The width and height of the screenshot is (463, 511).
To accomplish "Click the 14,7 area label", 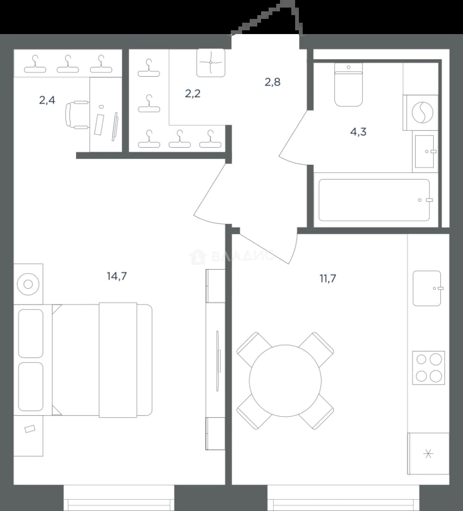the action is (x=117, y=276).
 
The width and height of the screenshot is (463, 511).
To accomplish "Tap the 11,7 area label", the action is (x=328, y=279).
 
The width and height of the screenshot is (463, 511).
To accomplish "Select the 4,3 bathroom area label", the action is (x=358, y=132).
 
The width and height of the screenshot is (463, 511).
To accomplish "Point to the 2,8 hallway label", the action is (x=272, y=82).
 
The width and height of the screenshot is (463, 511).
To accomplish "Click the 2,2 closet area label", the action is (x=192, y=94).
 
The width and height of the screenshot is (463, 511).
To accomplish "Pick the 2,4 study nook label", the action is (x=47, y=100).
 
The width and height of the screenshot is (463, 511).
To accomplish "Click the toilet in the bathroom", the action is (x=349, y=84).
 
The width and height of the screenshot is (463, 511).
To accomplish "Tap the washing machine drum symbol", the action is (x=422, y=113).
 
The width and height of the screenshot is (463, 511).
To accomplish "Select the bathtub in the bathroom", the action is (x=374, y=200).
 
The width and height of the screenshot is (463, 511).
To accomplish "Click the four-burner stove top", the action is (x=428, y=368).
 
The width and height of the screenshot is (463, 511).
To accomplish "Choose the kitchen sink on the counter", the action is (x=427, y=288).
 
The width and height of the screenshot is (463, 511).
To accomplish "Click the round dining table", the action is (x=285, y=380).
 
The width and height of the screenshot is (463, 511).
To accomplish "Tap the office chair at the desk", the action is (x=77, y=115).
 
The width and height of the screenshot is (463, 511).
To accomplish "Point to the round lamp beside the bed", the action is (x=28, y=284).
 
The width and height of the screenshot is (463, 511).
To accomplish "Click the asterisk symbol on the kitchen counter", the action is (x=428, y=453).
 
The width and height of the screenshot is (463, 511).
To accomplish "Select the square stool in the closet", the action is (x=211, y=62).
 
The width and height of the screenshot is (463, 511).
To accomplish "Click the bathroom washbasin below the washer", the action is (x=425, y=151).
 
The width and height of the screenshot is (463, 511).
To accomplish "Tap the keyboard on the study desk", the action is (x=99, y=124).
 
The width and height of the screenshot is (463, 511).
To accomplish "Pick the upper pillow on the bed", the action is (x=31, y=334).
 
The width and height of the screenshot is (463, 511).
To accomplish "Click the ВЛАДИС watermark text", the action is (x=243, y=256).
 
